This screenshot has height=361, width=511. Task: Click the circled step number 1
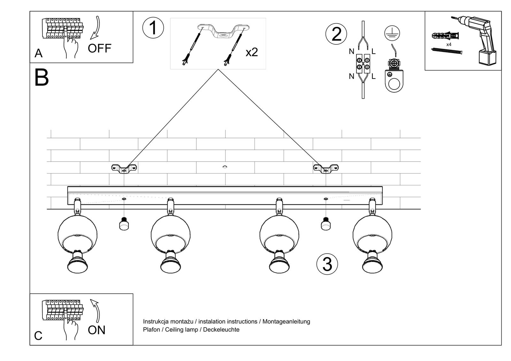click(x=153, y=28)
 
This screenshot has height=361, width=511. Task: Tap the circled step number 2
click(x=336, y=34)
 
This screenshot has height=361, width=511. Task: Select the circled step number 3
click(x=327, y=264)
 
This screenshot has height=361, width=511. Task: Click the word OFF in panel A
click(x=99, y=49)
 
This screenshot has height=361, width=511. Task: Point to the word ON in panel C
click(x=96, y=330)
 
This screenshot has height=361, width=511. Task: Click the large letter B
click(x=41, y=78)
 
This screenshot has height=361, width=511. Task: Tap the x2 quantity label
click(x=252, y=52)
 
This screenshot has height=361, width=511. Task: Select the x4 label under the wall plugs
click(x=449, y=44)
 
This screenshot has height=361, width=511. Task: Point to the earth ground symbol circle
click(x=392, y=33)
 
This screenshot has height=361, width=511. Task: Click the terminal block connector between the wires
click(x=363, y=63)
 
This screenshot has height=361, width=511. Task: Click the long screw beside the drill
click(x=447, y=51)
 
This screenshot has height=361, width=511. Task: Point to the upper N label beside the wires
click(x=351, y=51)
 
